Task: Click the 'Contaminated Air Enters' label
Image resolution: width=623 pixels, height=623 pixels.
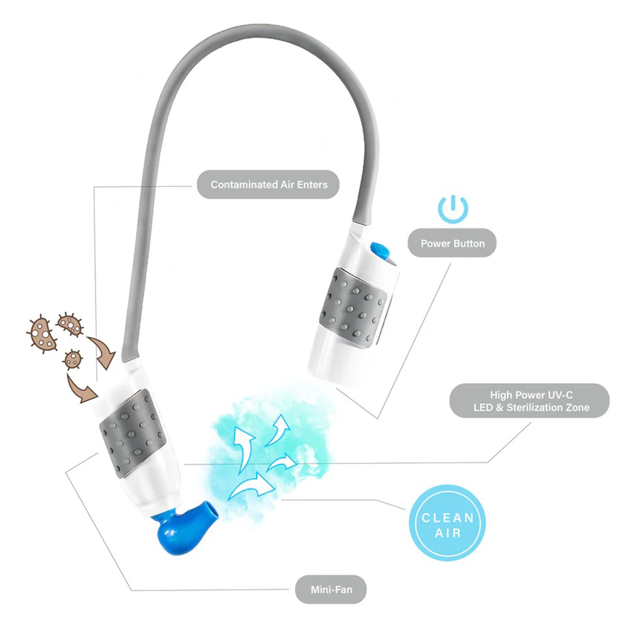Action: point(268,184)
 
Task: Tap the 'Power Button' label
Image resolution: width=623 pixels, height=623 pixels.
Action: point(452,244)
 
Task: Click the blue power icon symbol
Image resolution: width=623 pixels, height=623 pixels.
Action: point(453,209)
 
